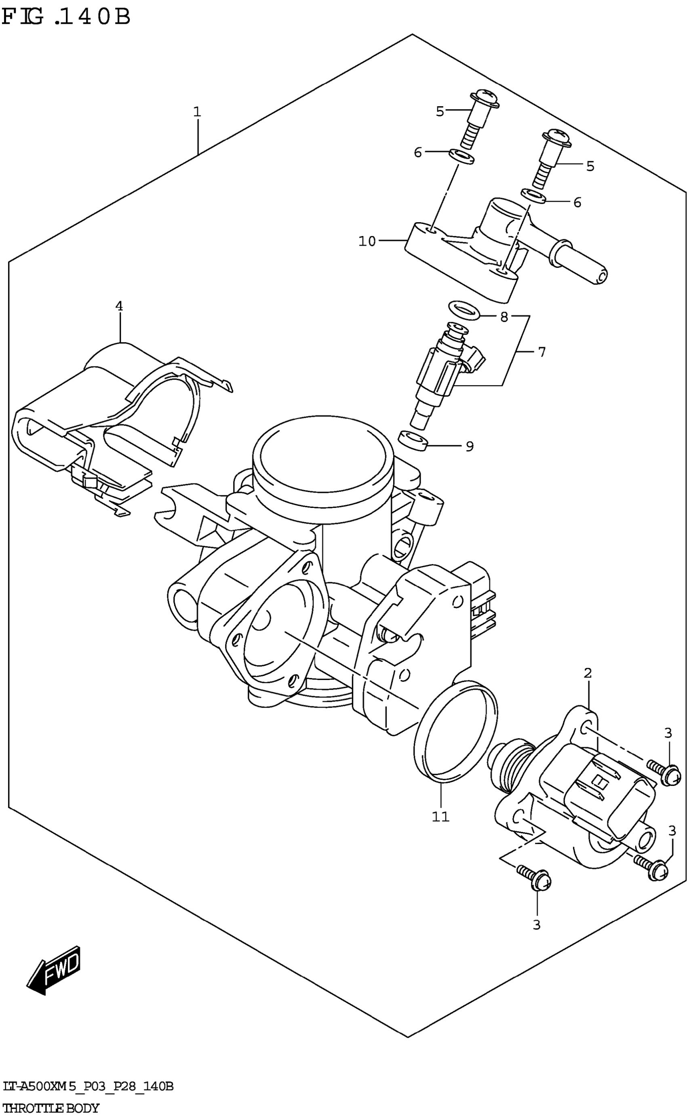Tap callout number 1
click(x=197, y=112)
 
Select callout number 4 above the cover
click(x=119, y=306)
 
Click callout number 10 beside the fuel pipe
click(x=367, y=241)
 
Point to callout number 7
click(x=542, y=352)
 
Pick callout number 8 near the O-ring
click(x=504, y=317)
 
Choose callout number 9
click(x=469, y=446)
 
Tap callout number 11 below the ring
click(x=440, y=817)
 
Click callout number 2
click(x=588, y=673)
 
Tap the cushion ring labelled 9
click(x=413, y=440)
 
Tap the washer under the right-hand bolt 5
click(x=533, y=196)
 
